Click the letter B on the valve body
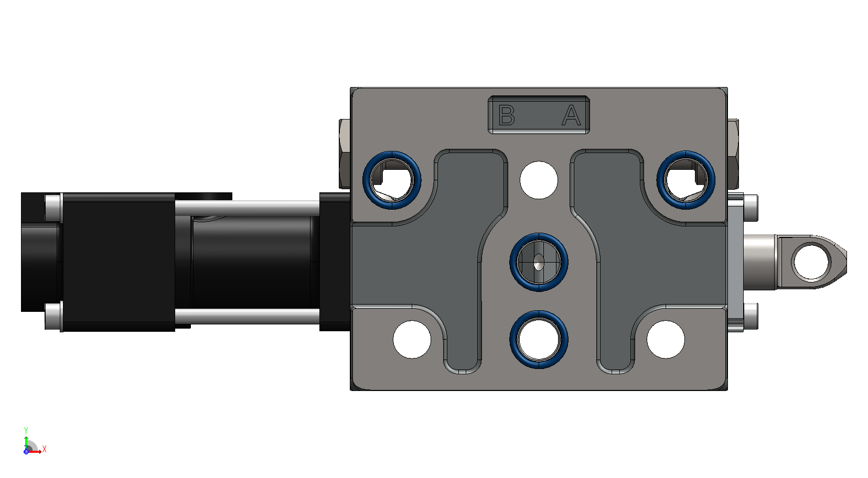(507, 115)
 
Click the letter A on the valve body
(571, 115)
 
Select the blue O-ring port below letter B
(392, 180)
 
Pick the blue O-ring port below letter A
(686, 180)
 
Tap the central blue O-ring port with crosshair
(539, 262)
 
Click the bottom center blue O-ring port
(539, 339)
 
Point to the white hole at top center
(539, 180)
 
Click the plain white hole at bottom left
(412, 339)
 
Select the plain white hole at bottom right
(666, 339)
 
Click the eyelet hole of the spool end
(811, 262)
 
